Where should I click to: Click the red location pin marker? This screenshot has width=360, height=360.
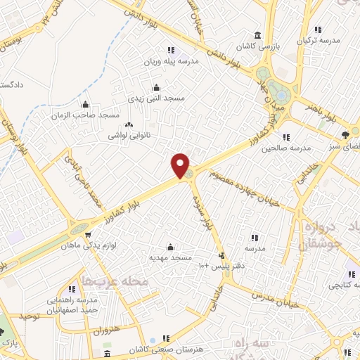coord(181,165)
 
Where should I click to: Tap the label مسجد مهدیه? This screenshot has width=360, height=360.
coord(169,258)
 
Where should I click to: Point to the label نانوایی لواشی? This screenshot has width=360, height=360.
coord(129,131)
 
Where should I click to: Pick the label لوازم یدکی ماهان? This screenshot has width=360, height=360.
coord(89,245)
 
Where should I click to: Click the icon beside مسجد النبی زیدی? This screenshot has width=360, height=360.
coord(156,88)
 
